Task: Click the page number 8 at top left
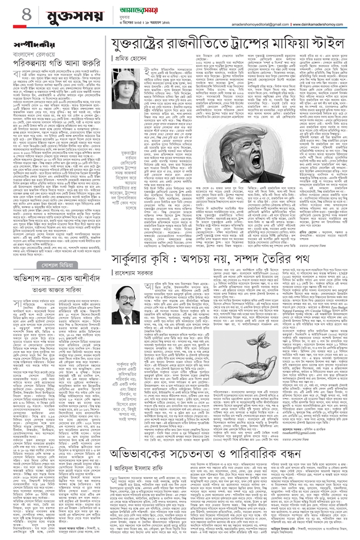coord(12,15)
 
